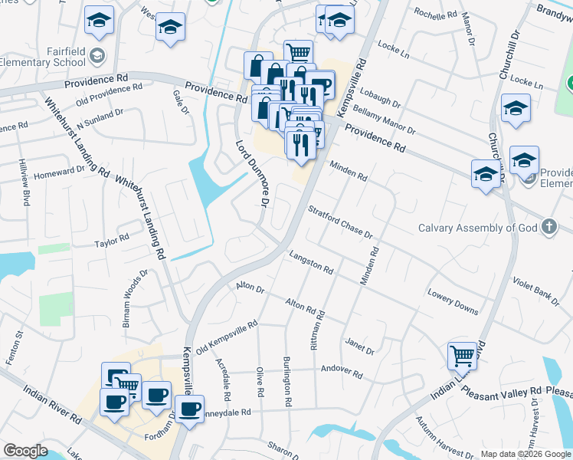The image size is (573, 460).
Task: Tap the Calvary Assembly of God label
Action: (477, 228)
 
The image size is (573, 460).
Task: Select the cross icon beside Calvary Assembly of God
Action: (548, 227)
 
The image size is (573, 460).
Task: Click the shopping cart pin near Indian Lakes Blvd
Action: (463, 356)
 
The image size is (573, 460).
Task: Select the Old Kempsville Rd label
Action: (226, 338)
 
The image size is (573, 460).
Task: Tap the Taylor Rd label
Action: (112, 241)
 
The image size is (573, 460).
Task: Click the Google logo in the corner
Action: (25, 451)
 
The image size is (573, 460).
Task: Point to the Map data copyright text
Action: (525, 454)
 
